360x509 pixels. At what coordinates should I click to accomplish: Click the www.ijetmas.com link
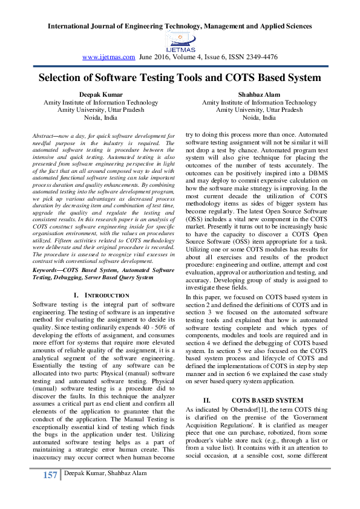pos(108,57)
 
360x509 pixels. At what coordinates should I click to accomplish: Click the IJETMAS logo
pos(179,41)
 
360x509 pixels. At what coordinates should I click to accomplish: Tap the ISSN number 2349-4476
pos(261,57)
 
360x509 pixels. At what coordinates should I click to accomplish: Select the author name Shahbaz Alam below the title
pos(259,95)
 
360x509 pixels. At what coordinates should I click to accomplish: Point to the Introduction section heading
pos(109,295)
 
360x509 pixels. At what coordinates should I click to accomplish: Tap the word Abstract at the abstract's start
pos(44,138)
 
